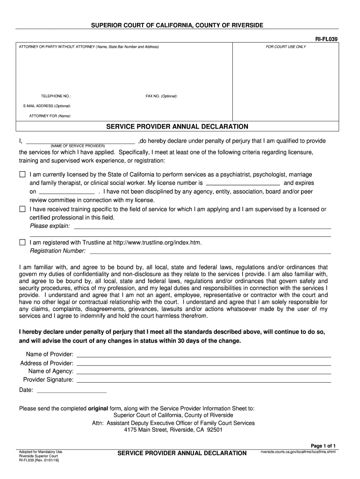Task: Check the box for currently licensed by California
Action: click(x=22, y=174)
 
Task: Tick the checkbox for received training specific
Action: click(x=22, y=209)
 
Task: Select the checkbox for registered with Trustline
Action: click(x=22, y=242)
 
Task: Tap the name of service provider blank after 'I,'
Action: click(x=80, y=142)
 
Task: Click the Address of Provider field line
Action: click(x=203, y=363)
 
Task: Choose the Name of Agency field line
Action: click(x=203, y=372)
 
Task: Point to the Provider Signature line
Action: click(x=203, y=381)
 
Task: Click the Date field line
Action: click(x=71, y=391)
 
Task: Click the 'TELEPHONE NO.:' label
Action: click(x=56, y=96)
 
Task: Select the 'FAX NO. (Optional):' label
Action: click(x=161, y=96)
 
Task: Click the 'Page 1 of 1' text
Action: click(x=324, y=446)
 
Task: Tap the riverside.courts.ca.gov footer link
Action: click(x=298, y=452)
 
